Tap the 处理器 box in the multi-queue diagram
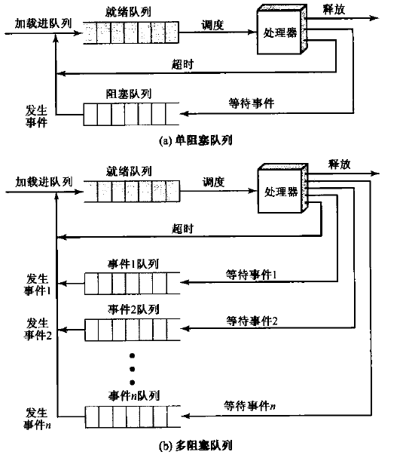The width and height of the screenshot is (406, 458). (280, 192)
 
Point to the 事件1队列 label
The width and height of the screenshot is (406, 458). (132, 264)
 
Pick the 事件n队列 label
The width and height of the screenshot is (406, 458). (132, 395)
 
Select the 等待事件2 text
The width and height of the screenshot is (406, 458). (252, 321)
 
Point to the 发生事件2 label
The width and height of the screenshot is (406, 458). (38, 328)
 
